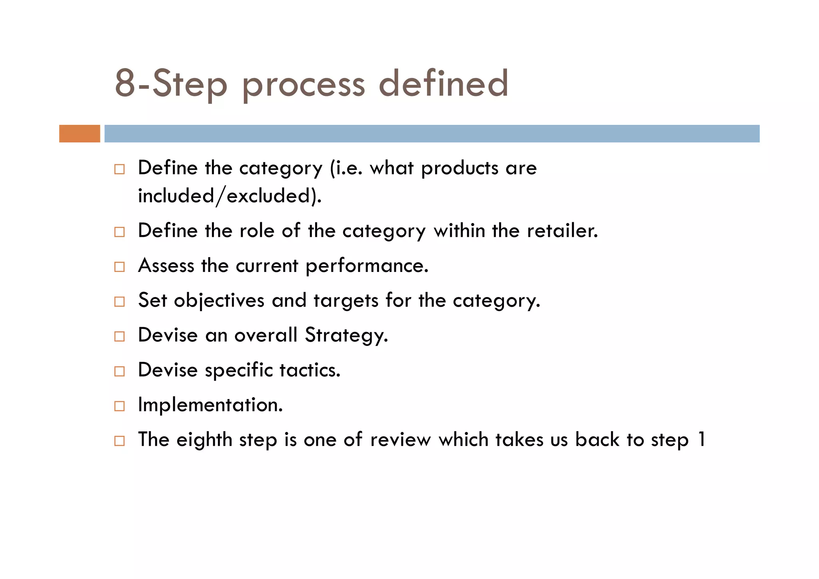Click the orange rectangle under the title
pos(80,134)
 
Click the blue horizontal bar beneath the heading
pos(432,134)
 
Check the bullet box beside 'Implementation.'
pos(119,406)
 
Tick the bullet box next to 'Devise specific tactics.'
pos(119,371)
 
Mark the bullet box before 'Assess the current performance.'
pos(119,267)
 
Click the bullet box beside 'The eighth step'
pos(119,441)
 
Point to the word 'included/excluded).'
pos(230,196)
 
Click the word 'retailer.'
pos(562,231)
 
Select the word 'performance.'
pos(367,266)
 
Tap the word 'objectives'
pos(219,301)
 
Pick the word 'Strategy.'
pos(346,335)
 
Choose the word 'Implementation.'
pos(210,405)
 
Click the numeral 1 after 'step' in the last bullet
pos(701,439)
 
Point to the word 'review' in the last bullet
pos(401,440)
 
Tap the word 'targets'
pos(346,301)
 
